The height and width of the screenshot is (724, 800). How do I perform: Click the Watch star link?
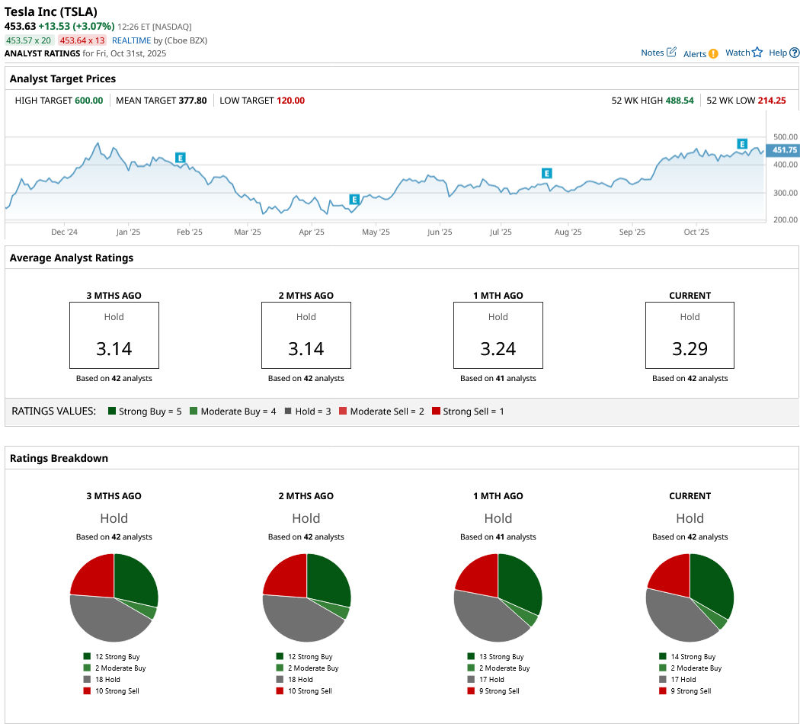pos(744,53)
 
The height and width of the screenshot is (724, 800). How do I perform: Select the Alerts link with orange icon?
pos(700,53)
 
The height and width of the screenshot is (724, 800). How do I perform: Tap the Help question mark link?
pos(783,53)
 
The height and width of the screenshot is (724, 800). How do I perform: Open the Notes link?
pos(658,53)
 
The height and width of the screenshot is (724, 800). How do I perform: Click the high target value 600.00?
pos(88,100)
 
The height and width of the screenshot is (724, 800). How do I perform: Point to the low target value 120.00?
pos(290,100)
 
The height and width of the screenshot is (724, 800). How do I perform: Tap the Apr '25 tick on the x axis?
pos(312,232)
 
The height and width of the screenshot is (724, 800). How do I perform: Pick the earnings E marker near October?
pos(741,144)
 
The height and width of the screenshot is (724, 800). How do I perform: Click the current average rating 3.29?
pos(690,349)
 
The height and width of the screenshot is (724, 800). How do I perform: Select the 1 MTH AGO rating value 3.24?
pos(498,349)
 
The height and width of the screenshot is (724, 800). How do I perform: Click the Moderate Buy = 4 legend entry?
pos(232,412)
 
